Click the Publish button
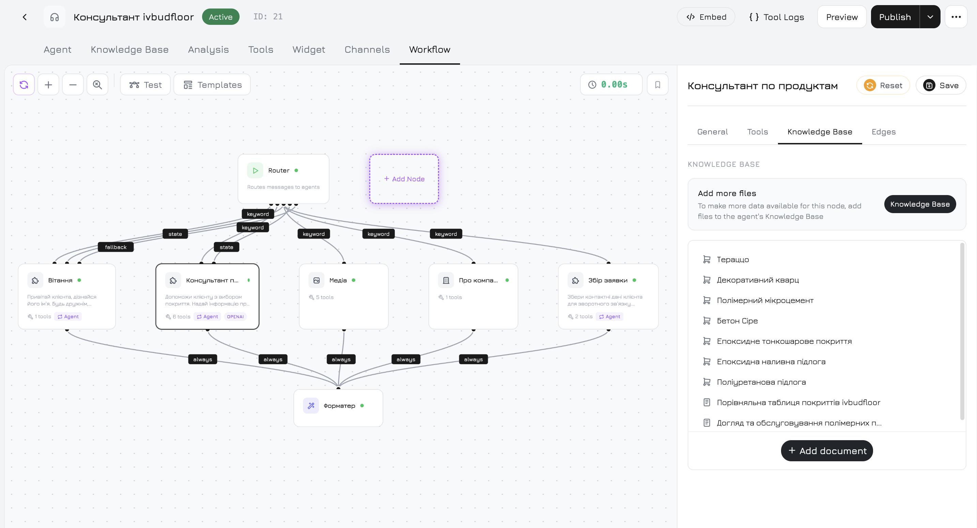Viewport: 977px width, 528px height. (x=895, y=17)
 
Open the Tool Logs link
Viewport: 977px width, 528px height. (x=776, y=17)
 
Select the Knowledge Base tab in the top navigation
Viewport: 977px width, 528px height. (x=129, y=50)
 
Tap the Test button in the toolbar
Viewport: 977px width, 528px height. (x=145, y=84)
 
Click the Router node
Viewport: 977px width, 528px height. (x=283, y=178)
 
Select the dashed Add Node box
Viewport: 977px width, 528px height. (x=404, y=179)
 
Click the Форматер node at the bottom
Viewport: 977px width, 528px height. (x=338, y=407)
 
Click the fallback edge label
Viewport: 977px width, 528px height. (x=116, y=247)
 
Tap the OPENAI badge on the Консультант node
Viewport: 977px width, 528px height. (x=235, y=317)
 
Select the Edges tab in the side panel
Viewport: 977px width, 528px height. (x=883, y=132)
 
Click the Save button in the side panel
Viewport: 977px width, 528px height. (x=941, y=85)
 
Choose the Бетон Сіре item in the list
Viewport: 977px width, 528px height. (x=737, y=321)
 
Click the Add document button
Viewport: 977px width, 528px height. (x=827, y=451)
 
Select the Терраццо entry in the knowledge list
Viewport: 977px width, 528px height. (x=732, y=259)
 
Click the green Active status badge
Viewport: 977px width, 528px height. (x=220, y=17)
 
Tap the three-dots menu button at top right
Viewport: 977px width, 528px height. (x=956, y=17)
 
